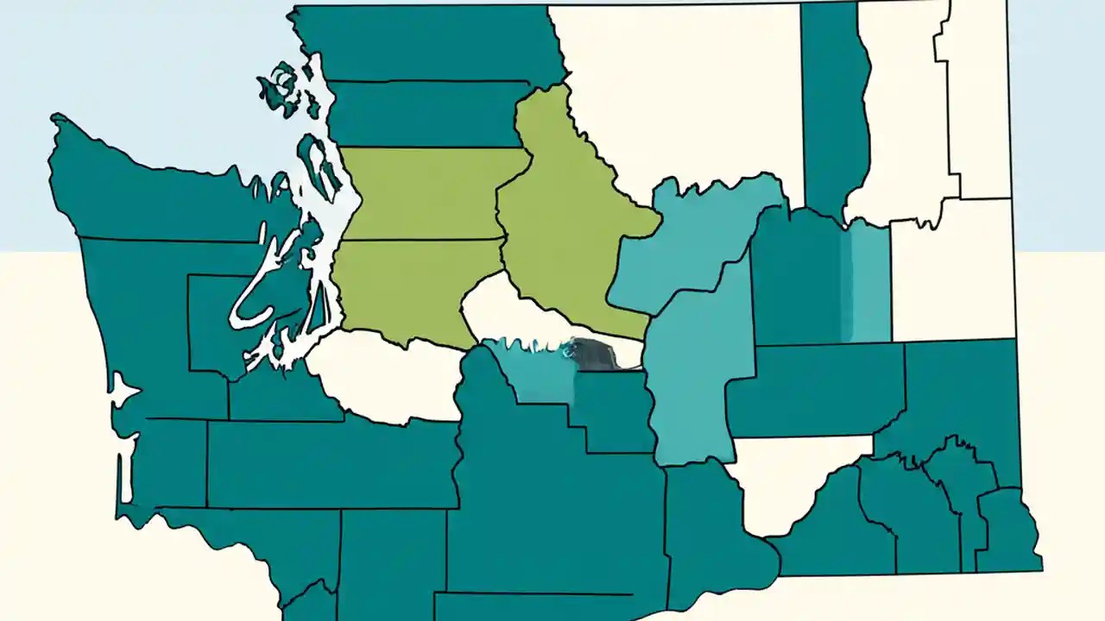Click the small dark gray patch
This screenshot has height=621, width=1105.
click(595, 354)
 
